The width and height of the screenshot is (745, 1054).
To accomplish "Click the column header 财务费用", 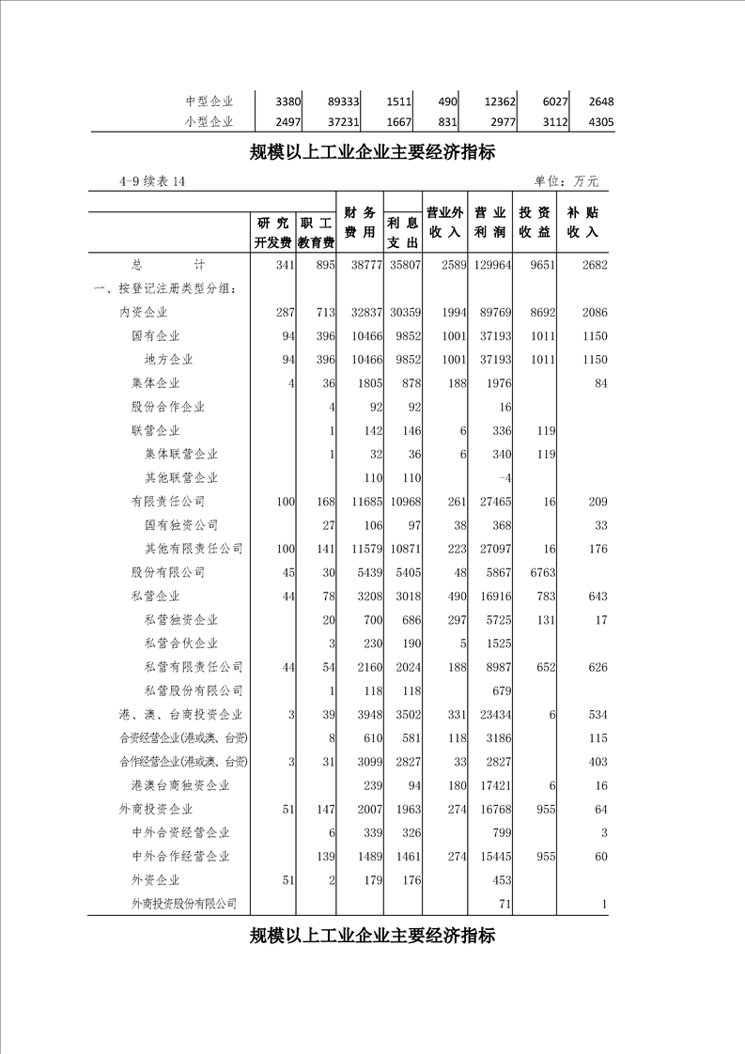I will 361,223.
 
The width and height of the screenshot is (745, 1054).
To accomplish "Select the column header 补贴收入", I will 582,223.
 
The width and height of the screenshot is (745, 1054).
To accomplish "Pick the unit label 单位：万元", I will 567,181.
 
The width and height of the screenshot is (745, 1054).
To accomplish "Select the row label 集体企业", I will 156,383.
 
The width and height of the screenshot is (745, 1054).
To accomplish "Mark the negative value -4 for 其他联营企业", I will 504,478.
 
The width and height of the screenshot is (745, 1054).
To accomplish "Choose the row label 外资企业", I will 156,880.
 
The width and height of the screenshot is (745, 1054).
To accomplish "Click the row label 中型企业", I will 209,101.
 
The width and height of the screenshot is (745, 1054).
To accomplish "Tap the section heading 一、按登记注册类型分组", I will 165,288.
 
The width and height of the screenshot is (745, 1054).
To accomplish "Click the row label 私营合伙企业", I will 181,643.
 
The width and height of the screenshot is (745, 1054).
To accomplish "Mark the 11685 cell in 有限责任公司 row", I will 363,502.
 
